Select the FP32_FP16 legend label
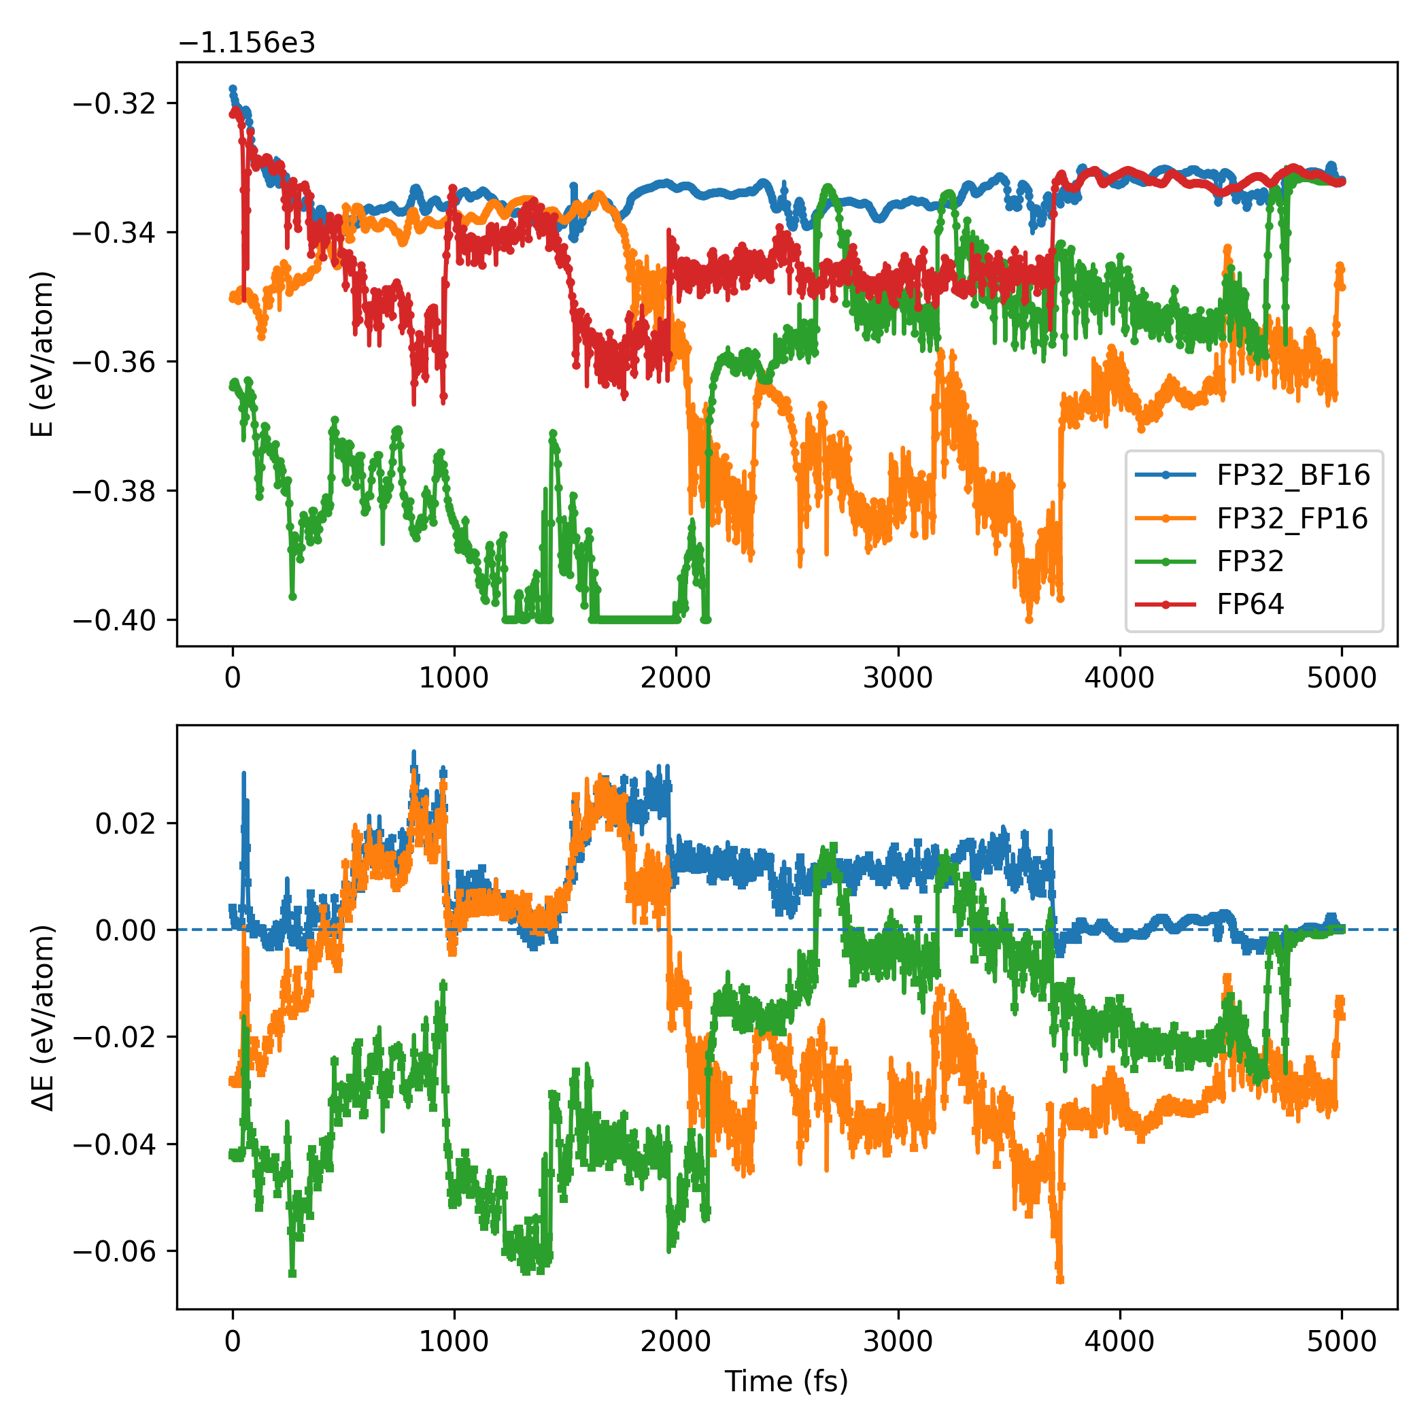click(x=1292, y=518)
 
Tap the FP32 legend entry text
click(x=1250, y=561)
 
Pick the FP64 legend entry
click(x=1250, y=604)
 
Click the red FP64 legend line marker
click(x=1166, y=605)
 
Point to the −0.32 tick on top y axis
click(x=114, y=103)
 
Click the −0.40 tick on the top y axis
click(x=114, y=619)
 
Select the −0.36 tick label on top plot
click(x=114, y=362)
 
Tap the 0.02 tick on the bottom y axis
click(x=126, y=823)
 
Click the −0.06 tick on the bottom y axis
click(x=114, y=1251)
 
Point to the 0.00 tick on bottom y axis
click(x=126, y=930)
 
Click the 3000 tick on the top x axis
click(x=898, y=678)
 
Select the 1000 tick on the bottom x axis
click(x=454, y=1341)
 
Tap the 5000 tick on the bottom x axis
click(x=1342, y=1341)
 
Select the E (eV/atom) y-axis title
click(x=43, y=355)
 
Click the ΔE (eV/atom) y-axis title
click(x=43, y=1017)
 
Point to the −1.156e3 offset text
click(x=247, y=44)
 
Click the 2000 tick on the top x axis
click(x=675, y=678)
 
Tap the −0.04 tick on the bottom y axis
click(x=114, y=1144)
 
